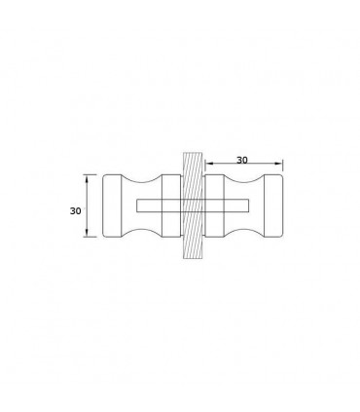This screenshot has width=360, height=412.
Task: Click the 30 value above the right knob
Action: [242, 160]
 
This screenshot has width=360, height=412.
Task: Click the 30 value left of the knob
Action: [75, 211]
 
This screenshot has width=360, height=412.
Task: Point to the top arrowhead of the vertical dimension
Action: [87, 178]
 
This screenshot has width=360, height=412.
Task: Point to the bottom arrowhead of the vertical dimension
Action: [87, 233]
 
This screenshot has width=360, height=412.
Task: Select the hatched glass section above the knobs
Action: [193, 164]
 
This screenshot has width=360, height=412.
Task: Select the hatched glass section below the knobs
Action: [193, 247]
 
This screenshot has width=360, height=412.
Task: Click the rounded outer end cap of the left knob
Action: [112, 206]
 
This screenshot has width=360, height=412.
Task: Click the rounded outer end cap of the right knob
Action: [273, 206]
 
